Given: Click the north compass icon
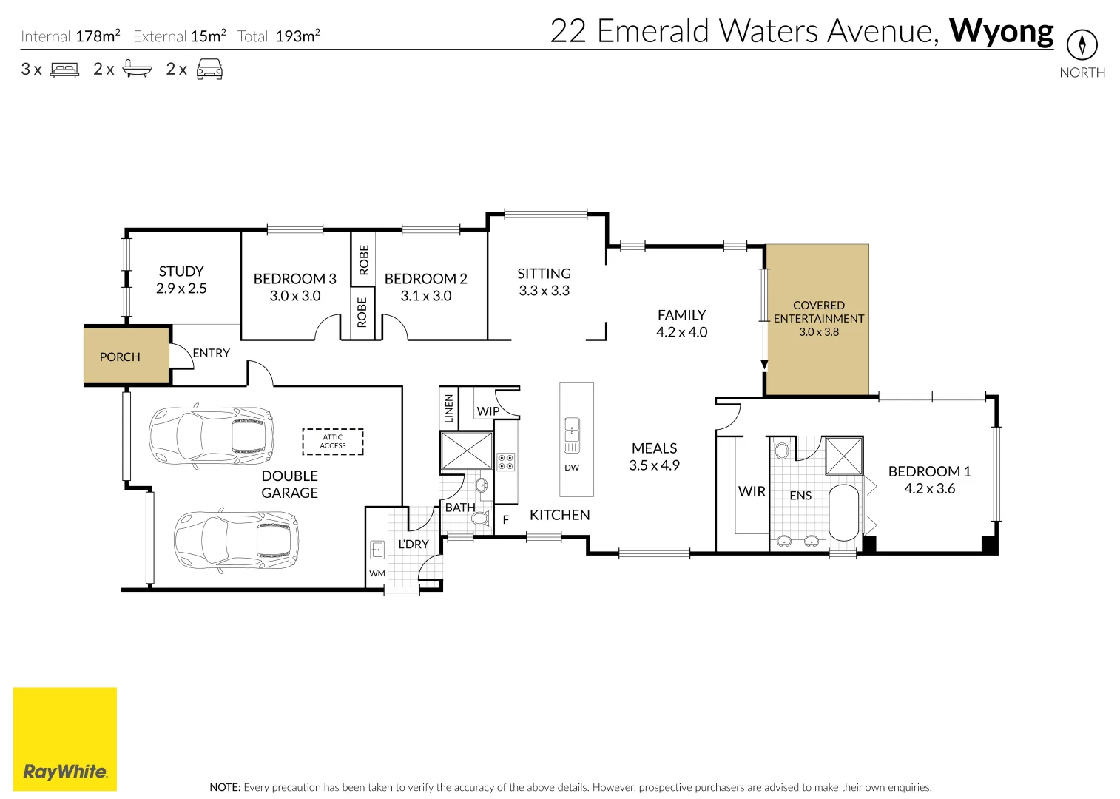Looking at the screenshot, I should click(1082, 45).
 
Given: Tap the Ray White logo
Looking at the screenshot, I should click(65, 739).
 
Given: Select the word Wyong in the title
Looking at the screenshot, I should click(1001, 31).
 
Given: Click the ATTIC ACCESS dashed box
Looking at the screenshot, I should click(333, 442).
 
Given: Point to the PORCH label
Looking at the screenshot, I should click(120, 357).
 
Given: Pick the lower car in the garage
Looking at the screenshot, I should click(236, 540).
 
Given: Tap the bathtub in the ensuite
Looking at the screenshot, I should click(843, 513).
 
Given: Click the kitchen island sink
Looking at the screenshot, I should click(572, 435).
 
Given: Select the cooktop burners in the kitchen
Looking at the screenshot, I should click(506, 462).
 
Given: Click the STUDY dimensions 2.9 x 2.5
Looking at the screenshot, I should click(181, 289).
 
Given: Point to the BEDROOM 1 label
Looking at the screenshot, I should click(929, 471).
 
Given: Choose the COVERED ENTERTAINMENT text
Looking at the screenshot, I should click(819, 312).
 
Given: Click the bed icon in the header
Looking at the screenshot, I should click(64, 70).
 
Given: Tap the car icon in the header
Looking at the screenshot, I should click(209, 70).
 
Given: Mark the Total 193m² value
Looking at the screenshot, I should click(297, 36).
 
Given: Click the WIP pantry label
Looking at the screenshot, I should click(488, 411).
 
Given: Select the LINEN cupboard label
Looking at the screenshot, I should click(449, 408).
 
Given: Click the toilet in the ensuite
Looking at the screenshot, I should click(782, 449).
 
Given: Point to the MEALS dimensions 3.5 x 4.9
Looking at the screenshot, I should click(654, 465).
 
